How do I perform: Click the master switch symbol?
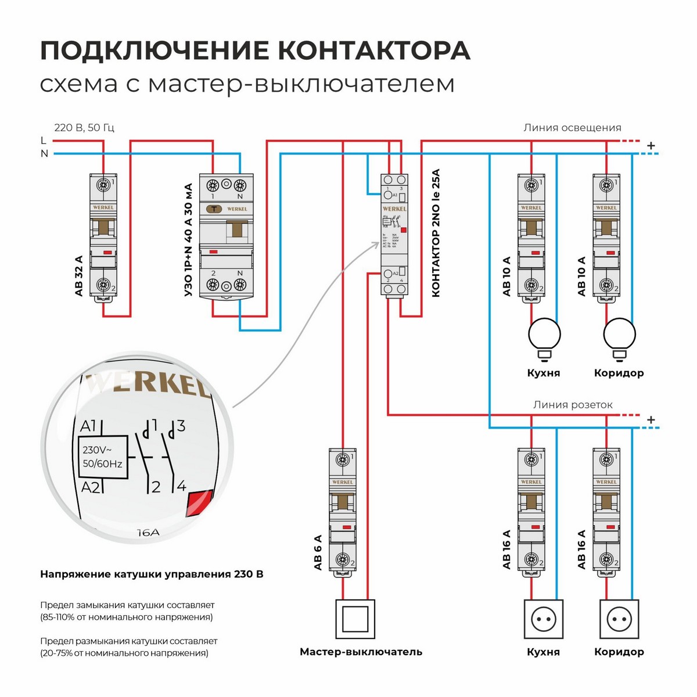355,619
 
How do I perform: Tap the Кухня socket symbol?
544,620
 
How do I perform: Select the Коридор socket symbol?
619,620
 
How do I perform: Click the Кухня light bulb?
544,336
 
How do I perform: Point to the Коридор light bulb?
619,336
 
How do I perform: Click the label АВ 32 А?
79,276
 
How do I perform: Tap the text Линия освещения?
572,128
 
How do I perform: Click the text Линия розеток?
573,405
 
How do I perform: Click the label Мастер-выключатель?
361,652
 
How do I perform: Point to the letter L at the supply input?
44,141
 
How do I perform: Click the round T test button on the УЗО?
213,209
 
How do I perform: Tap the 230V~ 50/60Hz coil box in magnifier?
102,457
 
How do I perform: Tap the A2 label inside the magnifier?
91,487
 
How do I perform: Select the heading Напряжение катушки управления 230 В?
152,574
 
